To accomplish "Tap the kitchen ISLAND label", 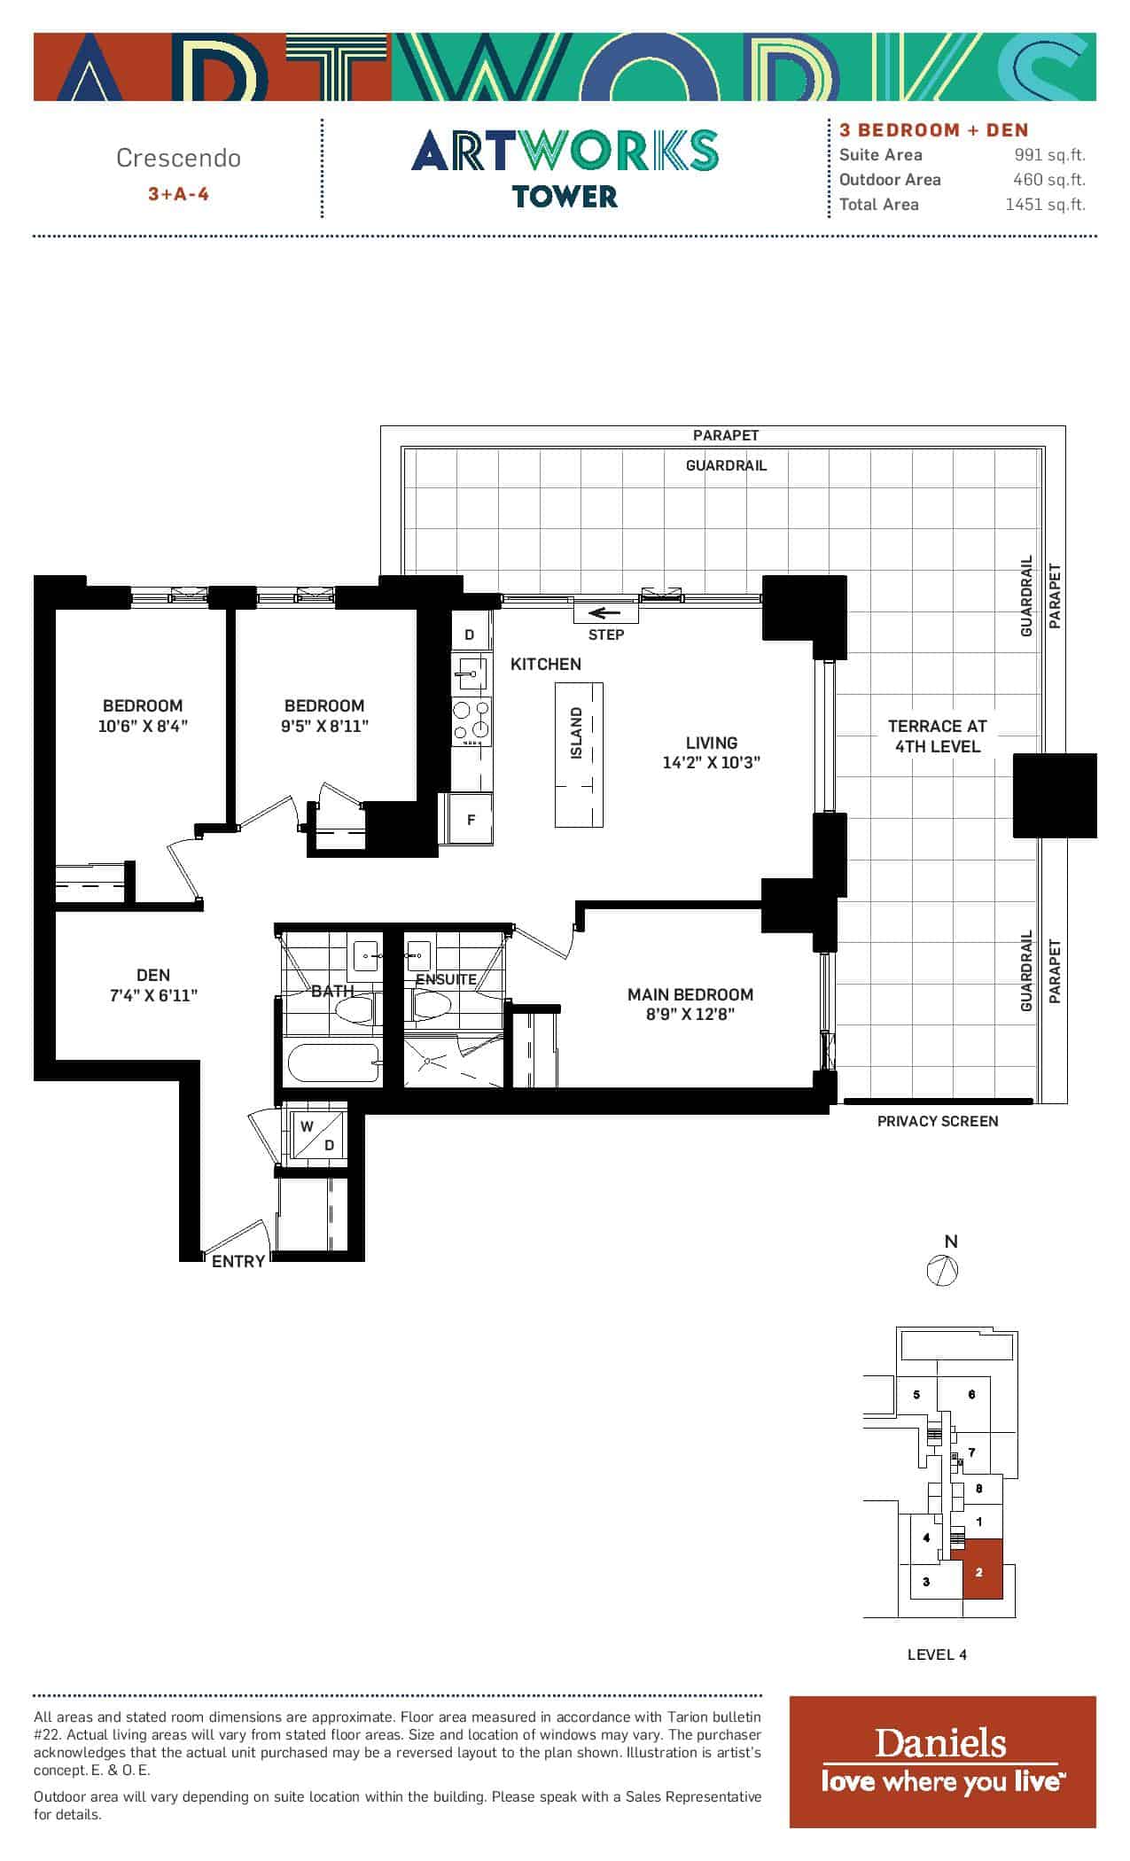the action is click(x=577, y=733).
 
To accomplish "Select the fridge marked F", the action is click(x=471, y=820).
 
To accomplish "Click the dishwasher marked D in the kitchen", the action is click(x=471, y=635).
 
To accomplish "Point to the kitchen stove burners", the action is click(x=471, y=721).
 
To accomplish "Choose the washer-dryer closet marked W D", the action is click(x=318, y=1134).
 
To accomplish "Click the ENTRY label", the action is click(x=238, y=1261).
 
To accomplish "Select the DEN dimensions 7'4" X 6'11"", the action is click(x=153, y=995).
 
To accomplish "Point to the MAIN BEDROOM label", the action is click(x=690, y=994).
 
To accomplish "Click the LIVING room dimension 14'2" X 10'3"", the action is click(x=712, y=763).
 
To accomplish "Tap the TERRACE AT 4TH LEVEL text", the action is click(x=938, y=736).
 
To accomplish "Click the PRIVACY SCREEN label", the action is click(x=938, y=1121).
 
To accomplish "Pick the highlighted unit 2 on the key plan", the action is click(x=983, y=1569).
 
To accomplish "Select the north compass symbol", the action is click(x=943, y=1271).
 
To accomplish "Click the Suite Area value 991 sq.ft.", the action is click(x=1050, y=155).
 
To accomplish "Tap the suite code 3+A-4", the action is click(x=178, y=193).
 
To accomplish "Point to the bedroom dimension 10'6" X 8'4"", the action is click(x=143, y=727).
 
